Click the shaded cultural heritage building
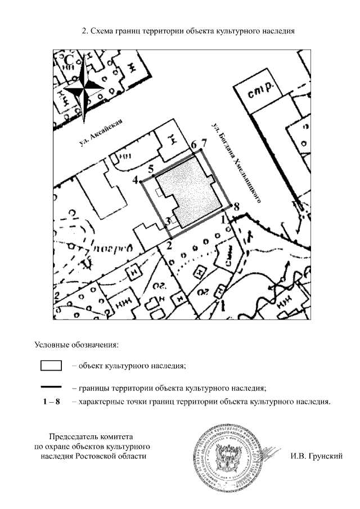[188, 191]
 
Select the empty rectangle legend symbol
[51, 366]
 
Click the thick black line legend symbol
[51, 388]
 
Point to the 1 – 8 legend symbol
[51, 402]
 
